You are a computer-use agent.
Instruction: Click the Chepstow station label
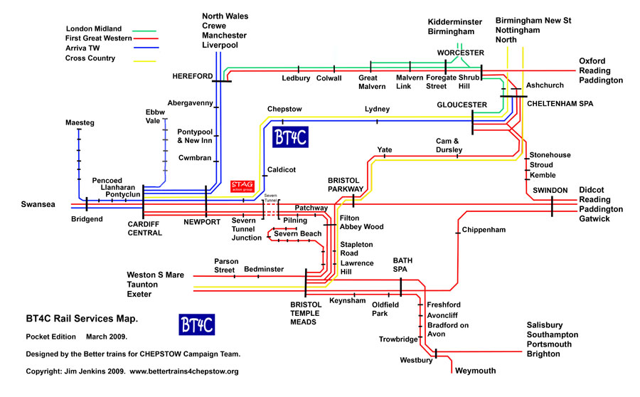[x=284, y=109]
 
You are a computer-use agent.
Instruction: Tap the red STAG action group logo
[x=243, y=186]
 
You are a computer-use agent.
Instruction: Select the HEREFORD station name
[x=192, y=75]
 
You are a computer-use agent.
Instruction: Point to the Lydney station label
[x=377, y=109]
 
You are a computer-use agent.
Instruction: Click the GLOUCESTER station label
[x=462, y=105]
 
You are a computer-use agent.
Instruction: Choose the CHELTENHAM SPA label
[x=560, y=103]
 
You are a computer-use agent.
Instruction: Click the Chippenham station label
[x=483, y=230]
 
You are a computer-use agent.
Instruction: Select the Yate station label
[x=385, y=150]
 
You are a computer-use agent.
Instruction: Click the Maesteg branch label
[x=79, y=122]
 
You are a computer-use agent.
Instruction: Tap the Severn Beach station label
[x=297, y=233]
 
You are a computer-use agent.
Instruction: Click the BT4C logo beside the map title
[x=197, y=324]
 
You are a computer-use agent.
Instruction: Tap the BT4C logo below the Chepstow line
[x=290, y=137]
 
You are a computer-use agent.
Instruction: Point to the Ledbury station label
[x=296, y=78]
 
